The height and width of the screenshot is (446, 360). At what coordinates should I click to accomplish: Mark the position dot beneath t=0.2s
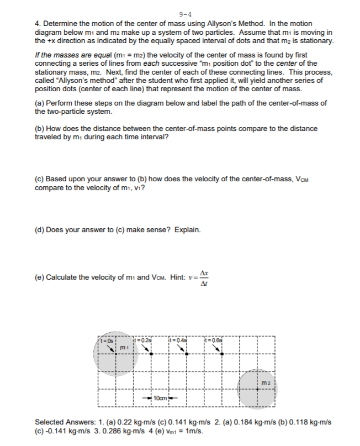tap(151, 354)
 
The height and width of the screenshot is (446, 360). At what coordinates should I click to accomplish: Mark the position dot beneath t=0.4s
tap(187, 354)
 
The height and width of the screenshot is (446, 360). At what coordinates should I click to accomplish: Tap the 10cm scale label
tap(160, 398)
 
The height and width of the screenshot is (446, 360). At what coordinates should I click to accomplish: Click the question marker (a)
tap(40, 103)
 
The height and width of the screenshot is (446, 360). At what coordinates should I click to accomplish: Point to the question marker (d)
tap(40, 229)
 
